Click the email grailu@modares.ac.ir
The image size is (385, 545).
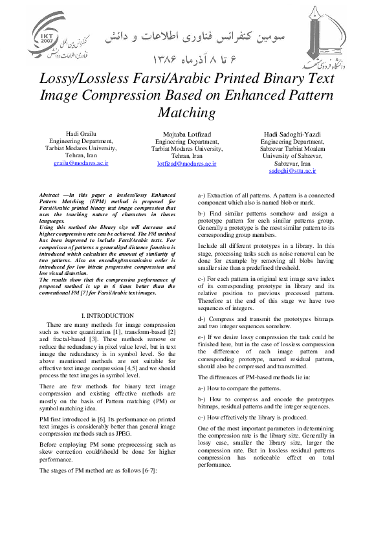click(81, 164)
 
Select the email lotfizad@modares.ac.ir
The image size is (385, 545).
click(186, 164)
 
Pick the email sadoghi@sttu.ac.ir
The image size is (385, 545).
click(292, 172)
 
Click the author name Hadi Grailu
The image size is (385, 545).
click(81, 133)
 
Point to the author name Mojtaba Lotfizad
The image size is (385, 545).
click(186, 133)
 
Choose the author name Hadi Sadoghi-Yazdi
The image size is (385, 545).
click(292, 133)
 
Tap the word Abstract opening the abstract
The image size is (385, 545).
click(49, 195)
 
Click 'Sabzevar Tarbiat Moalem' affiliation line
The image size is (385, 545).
click(292, 148)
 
